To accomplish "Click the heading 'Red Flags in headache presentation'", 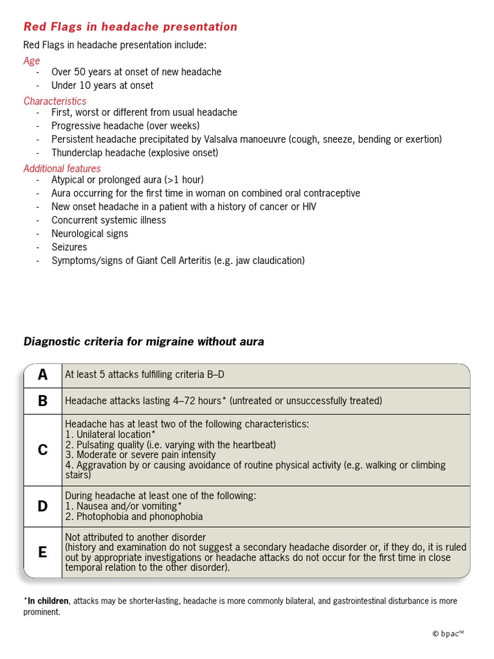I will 130,27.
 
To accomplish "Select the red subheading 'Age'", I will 32,60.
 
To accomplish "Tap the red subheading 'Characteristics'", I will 55,101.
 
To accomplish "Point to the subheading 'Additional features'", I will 62,169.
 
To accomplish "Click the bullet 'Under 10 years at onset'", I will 102,86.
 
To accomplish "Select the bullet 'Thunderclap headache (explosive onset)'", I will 134,153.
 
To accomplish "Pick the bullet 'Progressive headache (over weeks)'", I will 125,125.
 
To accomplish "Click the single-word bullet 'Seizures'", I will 69,247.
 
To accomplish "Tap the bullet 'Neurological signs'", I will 89,234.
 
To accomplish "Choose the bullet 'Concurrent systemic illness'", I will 109,220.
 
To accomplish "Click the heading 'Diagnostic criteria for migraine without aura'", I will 143,342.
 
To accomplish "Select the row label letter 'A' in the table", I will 42,375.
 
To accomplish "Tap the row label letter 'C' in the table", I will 42,450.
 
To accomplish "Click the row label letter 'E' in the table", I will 42,552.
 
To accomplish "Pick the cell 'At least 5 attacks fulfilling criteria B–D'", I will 144,375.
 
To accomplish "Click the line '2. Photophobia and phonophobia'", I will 134,516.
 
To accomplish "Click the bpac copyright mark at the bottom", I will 448,634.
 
